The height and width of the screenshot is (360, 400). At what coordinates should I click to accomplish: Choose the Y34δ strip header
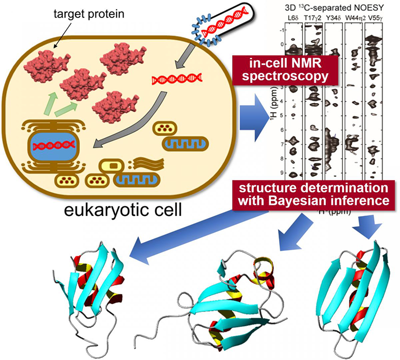[x=334, y=18]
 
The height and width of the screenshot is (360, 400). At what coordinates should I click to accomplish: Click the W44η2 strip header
[x=354, y=18]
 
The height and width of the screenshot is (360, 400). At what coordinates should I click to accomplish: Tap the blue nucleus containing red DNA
[x=53, y=146]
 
